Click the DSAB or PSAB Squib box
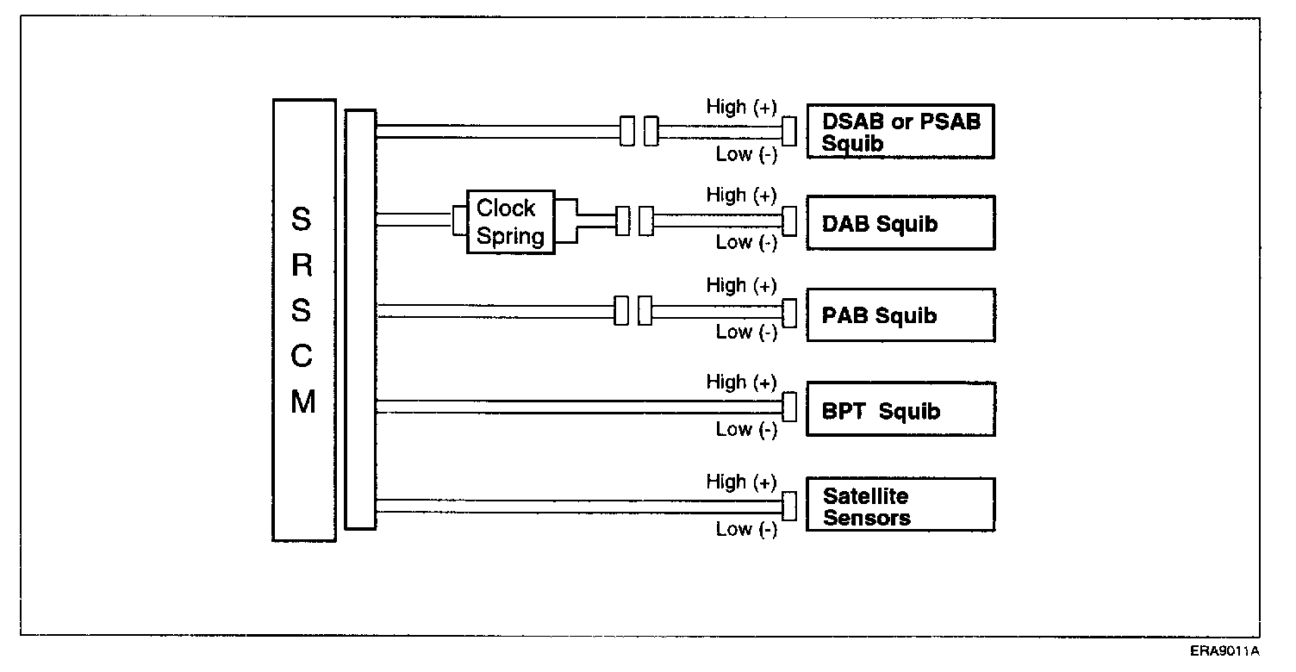tap(900, 132)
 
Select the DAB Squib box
tap(900, 223)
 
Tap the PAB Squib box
tap(900, 315)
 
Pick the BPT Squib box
tap(900, 410)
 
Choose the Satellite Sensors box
tap(900, 506)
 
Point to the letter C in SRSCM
tap(302, 357)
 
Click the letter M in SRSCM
tap(302, 402)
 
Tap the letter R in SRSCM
tap(302, 265)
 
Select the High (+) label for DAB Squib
tap(741, 196)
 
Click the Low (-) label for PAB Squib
tap(746, 332)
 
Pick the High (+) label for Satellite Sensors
tap(741, 482)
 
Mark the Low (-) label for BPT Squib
tap(746, 429)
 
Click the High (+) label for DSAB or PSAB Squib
tap(741, 107)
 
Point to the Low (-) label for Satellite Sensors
tap(746, 529)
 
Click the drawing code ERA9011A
tap(1225, 650)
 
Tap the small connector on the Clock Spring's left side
tap(459, 220)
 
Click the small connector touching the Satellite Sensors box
tap(788, 506)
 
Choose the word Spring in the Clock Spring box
tap(510, 237)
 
